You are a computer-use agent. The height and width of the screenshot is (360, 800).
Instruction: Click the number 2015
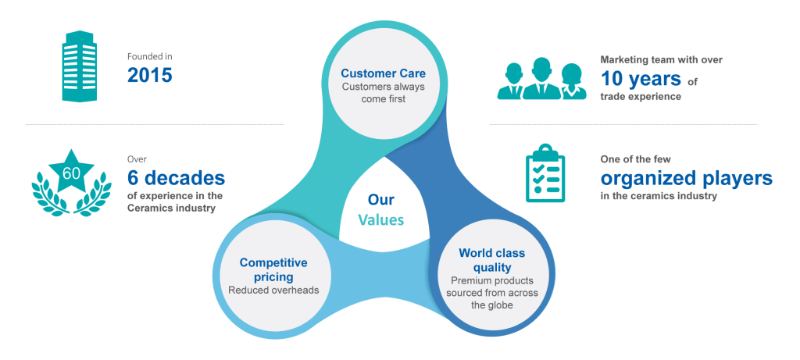tap(149, 75)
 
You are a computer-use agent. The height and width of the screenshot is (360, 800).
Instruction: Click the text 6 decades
tap(176, 177)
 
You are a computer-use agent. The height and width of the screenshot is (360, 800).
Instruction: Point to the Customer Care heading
tap(383, 73)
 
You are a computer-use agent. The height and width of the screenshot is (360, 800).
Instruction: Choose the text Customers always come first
tap(383, 93)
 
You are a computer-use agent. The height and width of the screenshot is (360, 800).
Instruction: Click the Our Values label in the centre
tap(381, 209)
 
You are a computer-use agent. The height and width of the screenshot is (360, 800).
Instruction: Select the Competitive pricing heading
tap(273, 269)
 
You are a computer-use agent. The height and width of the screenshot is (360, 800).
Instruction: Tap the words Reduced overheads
tap(273, 290)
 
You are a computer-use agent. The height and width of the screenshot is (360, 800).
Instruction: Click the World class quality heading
tap(491, 261)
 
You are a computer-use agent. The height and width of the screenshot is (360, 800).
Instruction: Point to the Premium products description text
tap(491, 292)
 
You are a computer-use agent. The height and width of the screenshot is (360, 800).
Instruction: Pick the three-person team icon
tap(541, 80)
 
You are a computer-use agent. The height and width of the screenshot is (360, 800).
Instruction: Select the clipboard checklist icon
tap(545, 176)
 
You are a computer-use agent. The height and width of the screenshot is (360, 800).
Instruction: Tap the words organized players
tap(687, 178)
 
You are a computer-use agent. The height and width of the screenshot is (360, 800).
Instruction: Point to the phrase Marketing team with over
tap(654, 59)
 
